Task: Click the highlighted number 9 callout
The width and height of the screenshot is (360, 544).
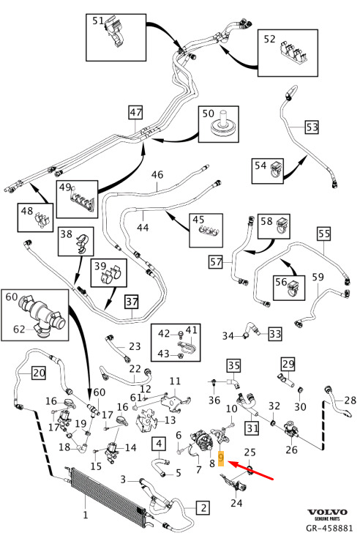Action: tap(221, 458)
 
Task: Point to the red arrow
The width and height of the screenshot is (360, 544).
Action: tap(252, 471)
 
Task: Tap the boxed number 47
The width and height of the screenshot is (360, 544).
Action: tap(135, 113)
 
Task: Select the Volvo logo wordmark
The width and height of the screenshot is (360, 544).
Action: tap(327, 512)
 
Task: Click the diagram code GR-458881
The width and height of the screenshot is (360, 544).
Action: tap(329, 528)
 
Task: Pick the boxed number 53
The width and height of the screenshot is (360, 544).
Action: tap(312, 127)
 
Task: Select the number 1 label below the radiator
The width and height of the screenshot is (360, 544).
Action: tap(86, 515)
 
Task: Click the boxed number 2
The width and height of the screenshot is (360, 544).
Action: tap(203, 508)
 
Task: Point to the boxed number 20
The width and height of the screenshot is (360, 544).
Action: tap(39, 373)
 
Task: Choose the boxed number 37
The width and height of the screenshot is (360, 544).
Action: tap(132, 302)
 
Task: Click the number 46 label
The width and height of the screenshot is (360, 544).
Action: tap(157, 174)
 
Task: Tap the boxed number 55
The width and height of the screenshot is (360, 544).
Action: tap(324, 234)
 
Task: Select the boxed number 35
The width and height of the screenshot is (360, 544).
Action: tap(233, 365)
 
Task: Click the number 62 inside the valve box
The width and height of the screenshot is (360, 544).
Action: tap(19, 329)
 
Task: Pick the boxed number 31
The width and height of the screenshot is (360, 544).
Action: tap(252, 428)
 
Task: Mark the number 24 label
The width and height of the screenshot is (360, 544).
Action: tap(236, 502)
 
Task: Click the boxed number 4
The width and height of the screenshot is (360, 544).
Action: tap(159, 444)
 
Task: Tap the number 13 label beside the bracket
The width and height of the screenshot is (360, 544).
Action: tap(170, 420)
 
